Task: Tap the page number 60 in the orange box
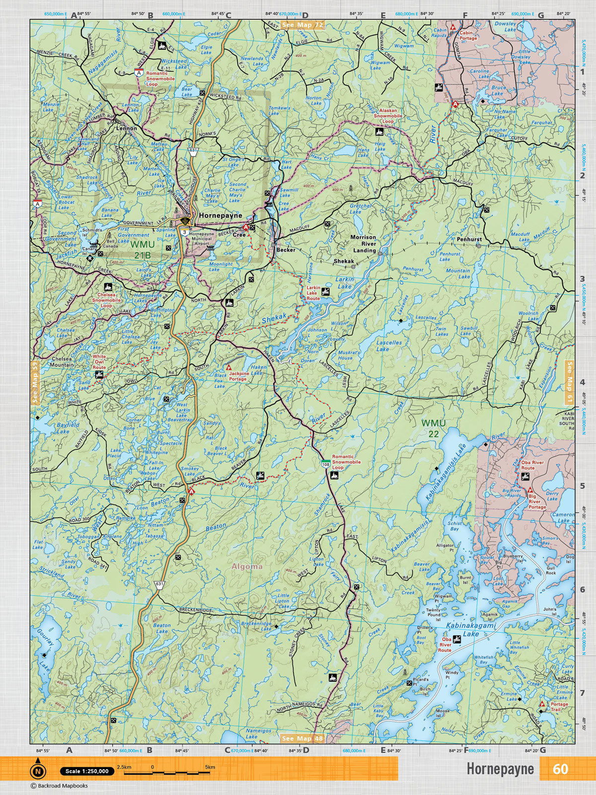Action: pos(560,769)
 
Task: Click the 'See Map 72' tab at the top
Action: pos(302,24)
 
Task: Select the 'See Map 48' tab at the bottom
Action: pos(302,738)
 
